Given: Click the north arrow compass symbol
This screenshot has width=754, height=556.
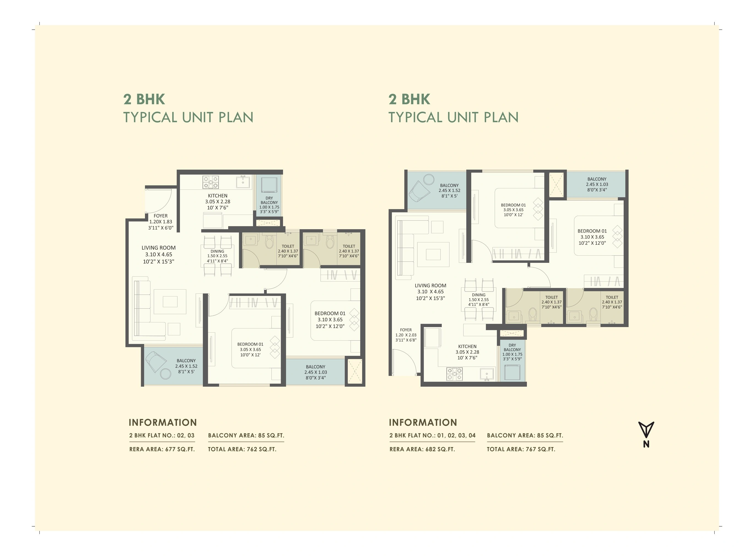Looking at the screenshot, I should pos(646,431).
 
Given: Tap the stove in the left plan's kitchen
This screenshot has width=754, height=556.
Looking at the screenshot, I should pos(211,182).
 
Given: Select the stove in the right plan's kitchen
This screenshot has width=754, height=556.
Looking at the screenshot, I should pos(454,374).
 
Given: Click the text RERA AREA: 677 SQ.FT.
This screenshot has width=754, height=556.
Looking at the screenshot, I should pos(162,449).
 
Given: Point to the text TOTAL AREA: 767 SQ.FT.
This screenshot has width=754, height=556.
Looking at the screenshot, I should pos(521,449).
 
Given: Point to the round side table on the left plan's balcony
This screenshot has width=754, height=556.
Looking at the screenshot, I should pos(165,374).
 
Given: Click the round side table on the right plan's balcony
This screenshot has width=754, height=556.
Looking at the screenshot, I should pos(429,179).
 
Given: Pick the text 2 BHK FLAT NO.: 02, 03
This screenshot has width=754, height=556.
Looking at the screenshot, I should pos(162,435).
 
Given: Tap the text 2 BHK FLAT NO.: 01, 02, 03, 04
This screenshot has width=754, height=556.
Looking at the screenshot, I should pos(432,435).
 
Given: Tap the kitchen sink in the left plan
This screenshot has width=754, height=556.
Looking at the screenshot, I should pos(243,182).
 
